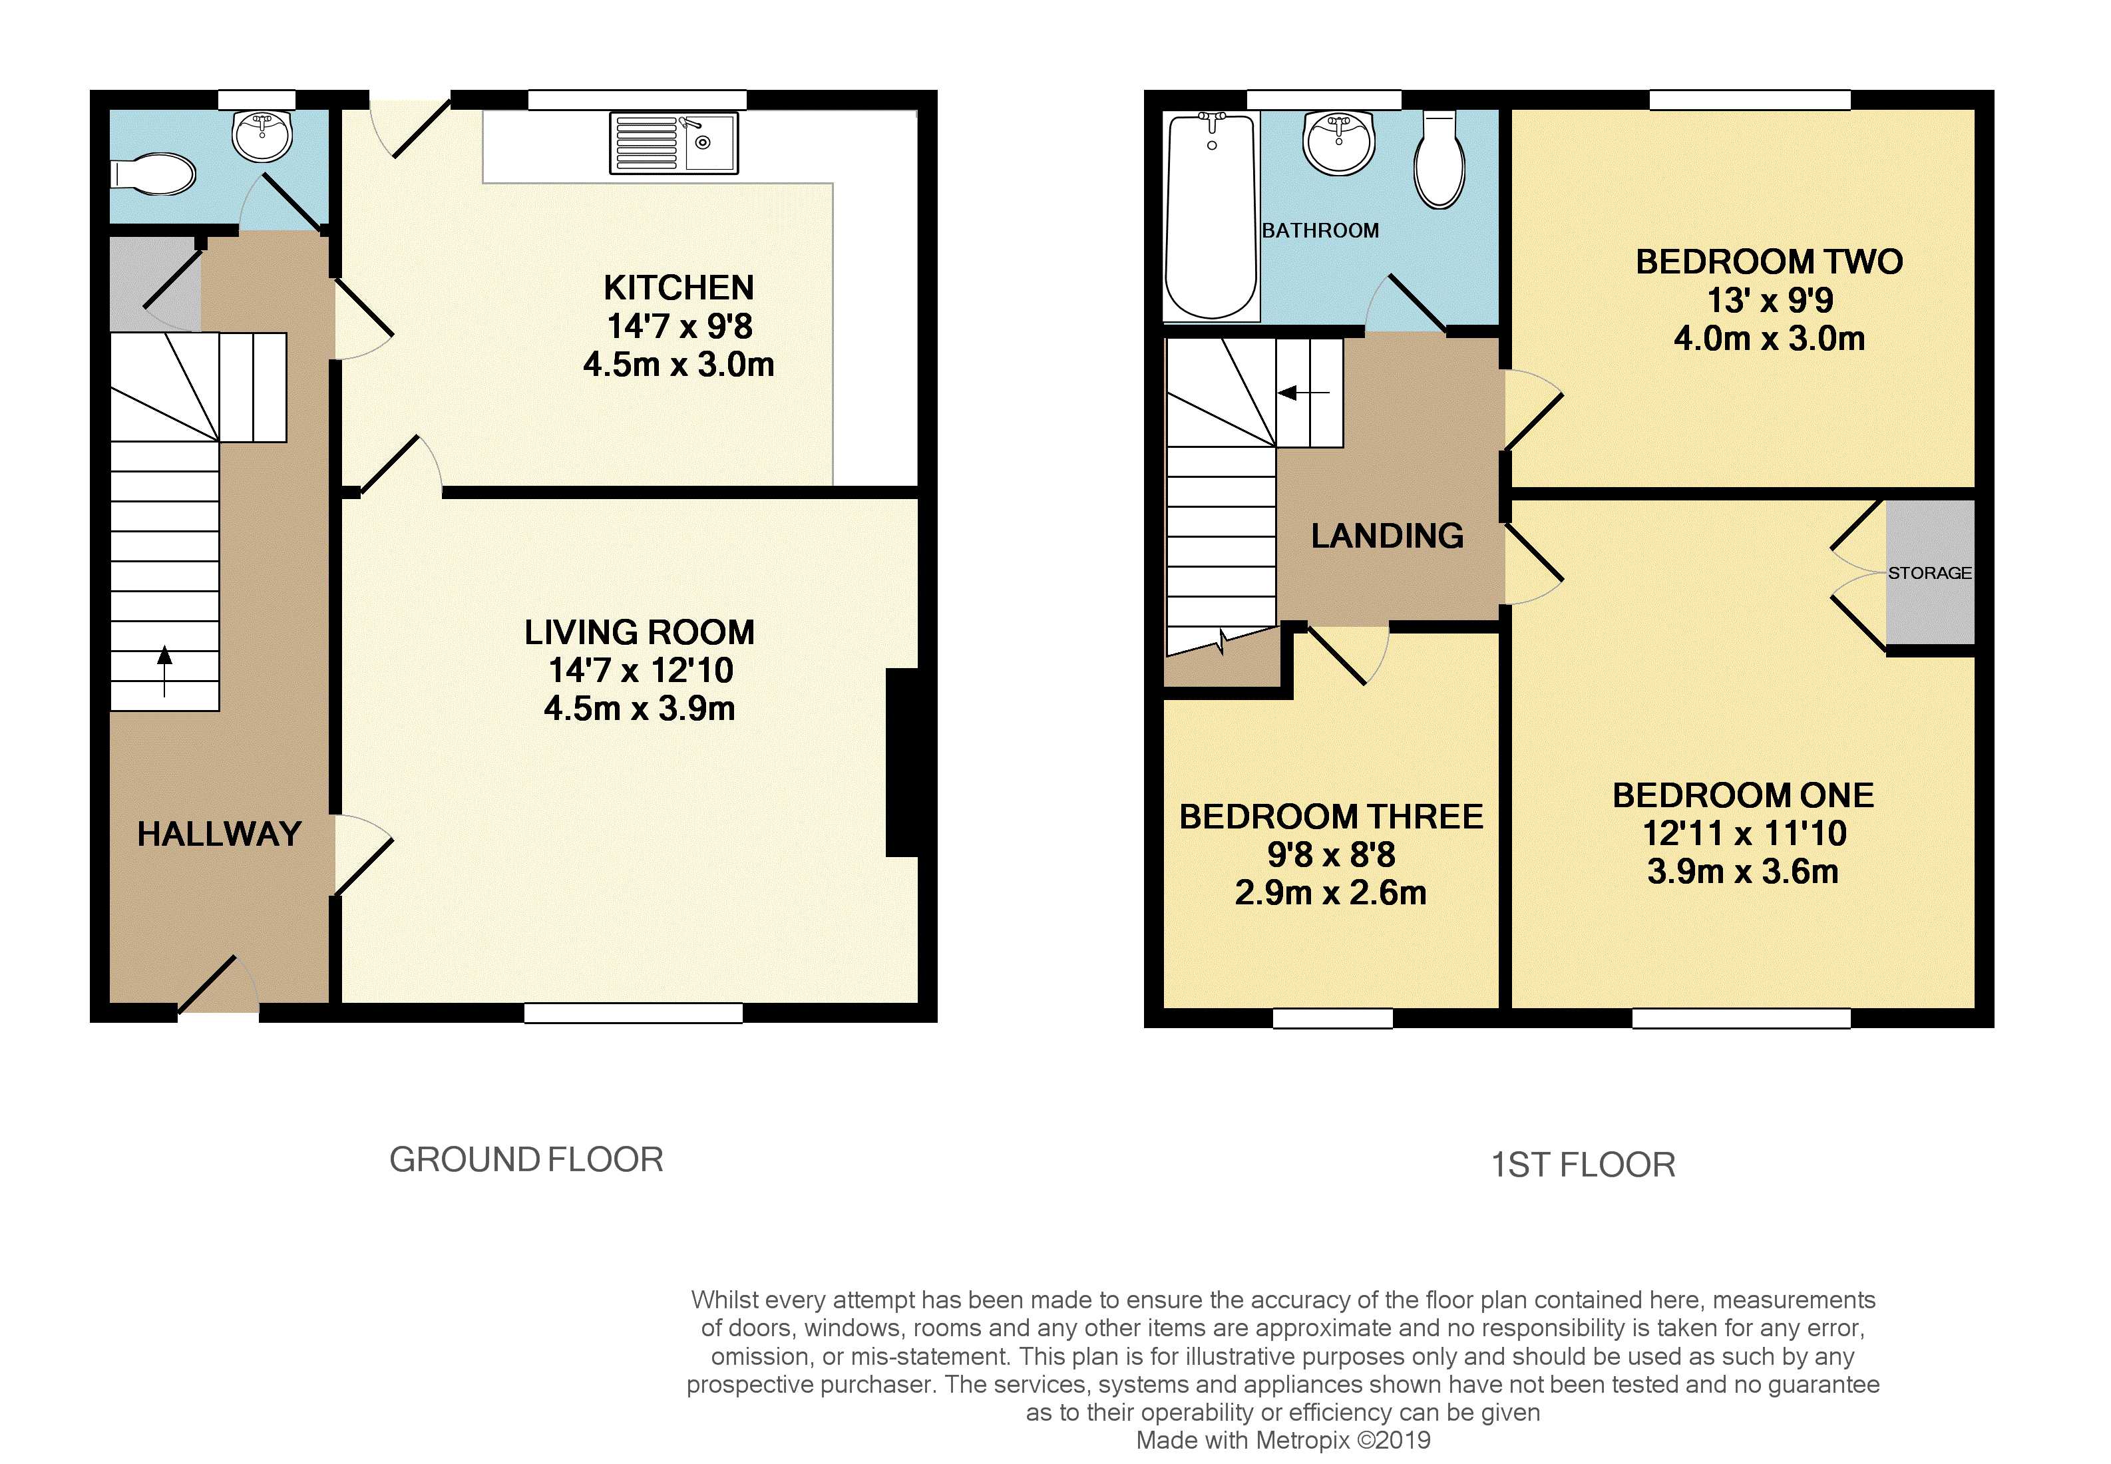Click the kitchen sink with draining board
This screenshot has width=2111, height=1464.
click(x=674, y=143)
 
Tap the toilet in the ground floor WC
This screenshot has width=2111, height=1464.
click(x=153, y=174)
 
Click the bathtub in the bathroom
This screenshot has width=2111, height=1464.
click(x=1211, y=216)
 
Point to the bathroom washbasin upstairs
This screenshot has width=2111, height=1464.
click(x=1338, y=143)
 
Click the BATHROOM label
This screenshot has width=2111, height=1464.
click(x=1320, y=230)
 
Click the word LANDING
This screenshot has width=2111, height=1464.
click(x=1387, y=536)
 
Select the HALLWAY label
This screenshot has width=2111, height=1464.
click(x=219, y=834)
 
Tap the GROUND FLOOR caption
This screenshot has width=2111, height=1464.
click(x=526, y=1159)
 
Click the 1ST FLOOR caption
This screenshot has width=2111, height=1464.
click(x=1583, y=1165)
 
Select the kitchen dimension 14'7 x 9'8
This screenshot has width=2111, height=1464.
click(x=679, y=325)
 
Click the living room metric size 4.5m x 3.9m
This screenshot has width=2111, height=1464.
click(x=640, y=708)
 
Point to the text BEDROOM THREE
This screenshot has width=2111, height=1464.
click(x=1331, y=817)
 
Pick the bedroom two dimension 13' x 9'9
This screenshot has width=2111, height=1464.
click(x=1770, y=300)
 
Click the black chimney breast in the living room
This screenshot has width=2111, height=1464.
click(x=902, y=762)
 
